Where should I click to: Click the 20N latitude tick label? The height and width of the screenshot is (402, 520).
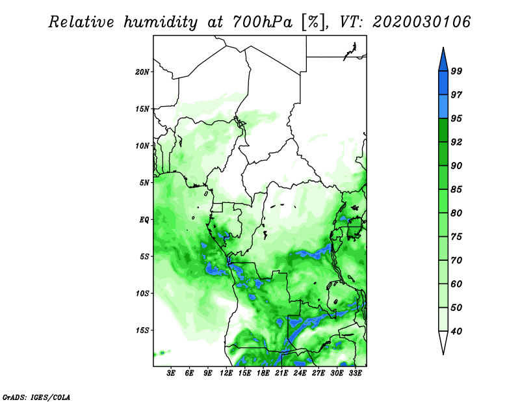pos(142,72)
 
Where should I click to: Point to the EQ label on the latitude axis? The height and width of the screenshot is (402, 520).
pos(144,220)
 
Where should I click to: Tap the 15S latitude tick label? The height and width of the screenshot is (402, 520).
pos(142,330)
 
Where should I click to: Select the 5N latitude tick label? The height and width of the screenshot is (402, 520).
pos(144,183)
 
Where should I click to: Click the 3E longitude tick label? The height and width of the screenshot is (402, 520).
pos(171,373)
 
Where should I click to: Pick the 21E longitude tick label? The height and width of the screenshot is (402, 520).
pos(281,373)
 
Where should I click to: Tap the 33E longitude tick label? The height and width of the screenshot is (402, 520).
pos(355,373)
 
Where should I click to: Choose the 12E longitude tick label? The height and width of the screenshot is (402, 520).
pos(226,373)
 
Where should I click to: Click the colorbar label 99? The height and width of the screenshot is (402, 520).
pos(456,71)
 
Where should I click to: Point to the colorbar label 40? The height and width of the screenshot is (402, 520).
pos(456,331)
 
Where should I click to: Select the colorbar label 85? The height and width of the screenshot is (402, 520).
pos(456,189)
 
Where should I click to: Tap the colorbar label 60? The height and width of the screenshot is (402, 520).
pos(456,284)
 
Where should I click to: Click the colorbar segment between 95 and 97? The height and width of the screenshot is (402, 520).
pos(443,107)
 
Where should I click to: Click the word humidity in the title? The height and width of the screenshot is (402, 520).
pos(161,22)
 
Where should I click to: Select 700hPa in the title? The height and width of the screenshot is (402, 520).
pos(263,22)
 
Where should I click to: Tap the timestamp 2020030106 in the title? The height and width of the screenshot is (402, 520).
pos(421,22)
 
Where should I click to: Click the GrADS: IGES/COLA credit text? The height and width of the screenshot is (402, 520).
pos(36,397)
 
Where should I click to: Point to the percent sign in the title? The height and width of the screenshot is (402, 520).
pos(313,22)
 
